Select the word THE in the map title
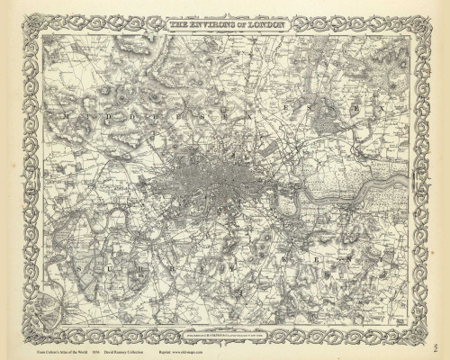click(x=180, y=27)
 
